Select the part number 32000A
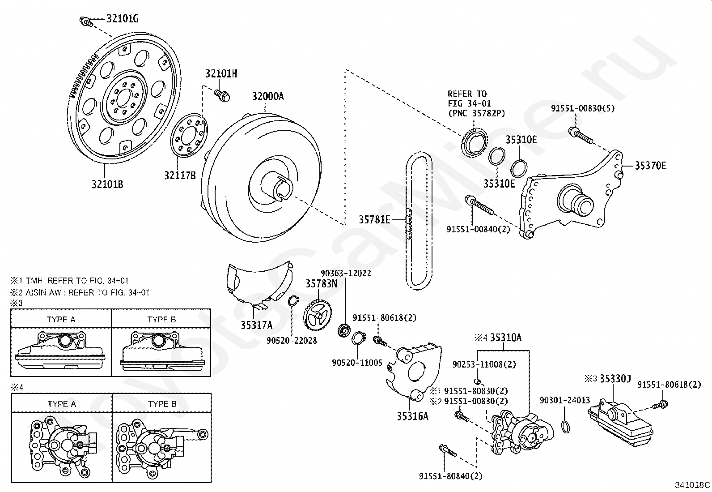coord(267,96)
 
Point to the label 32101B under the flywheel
coord(107,184)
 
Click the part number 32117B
coord(180,175)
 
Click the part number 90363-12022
coord(346,273)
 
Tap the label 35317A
coord(256,325)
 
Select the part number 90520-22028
coord(292,341)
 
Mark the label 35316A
coord(412,416)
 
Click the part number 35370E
coord(651,166)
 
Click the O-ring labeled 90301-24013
coord(565,426)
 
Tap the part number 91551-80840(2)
coord(451,476)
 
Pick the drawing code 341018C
coord(692,484)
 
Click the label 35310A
coord(505,338)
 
